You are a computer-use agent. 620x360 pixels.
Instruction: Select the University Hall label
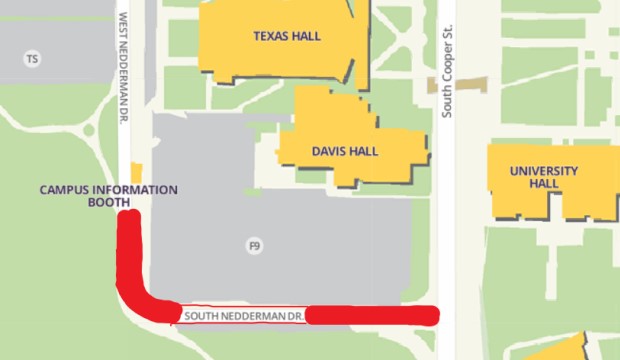pyautogui.click(x=543, y=178)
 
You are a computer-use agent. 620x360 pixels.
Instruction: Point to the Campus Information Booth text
pyautogui.click(x=108, y=196)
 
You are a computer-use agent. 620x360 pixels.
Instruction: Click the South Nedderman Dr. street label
pyautogui.click(x=241, y=316)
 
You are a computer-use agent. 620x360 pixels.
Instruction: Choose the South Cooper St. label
pyautogui.click(x=449, y=85)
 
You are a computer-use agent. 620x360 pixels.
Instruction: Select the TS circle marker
pyautogui.click(x=33, y=59)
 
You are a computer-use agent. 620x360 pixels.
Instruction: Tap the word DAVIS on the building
pyautogui.click(x=327, y=152)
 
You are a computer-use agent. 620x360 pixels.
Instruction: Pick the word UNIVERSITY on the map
pyautogui.click(x=543, y=171)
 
